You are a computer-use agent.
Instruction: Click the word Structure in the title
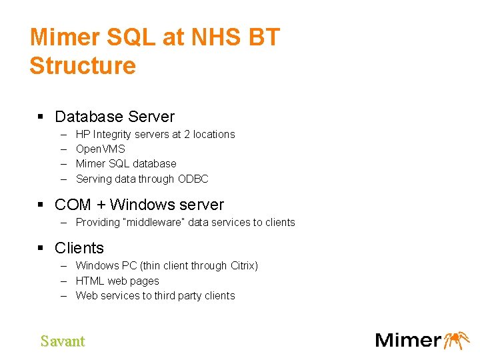click(83, 66)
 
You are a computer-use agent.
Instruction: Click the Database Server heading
click(115, 117)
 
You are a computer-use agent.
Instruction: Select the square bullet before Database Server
click(41, 117)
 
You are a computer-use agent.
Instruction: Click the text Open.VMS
click(101, 149)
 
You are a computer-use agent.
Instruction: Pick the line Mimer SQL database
click(126, 164)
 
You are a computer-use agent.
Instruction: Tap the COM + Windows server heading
click(139, 205)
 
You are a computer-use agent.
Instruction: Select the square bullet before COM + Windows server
click(41, 205)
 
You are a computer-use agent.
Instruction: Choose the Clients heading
click(79, 248)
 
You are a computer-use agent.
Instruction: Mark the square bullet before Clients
click(41, 248)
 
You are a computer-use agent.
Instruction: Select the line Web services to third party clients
click(155, 296)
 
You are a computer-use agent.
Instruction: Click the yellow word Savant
click(63, 341)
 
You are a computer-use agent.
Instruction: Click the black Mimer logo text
click(408, 340)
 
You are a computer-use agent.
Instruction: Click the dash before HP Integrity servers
click(64, 135)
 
